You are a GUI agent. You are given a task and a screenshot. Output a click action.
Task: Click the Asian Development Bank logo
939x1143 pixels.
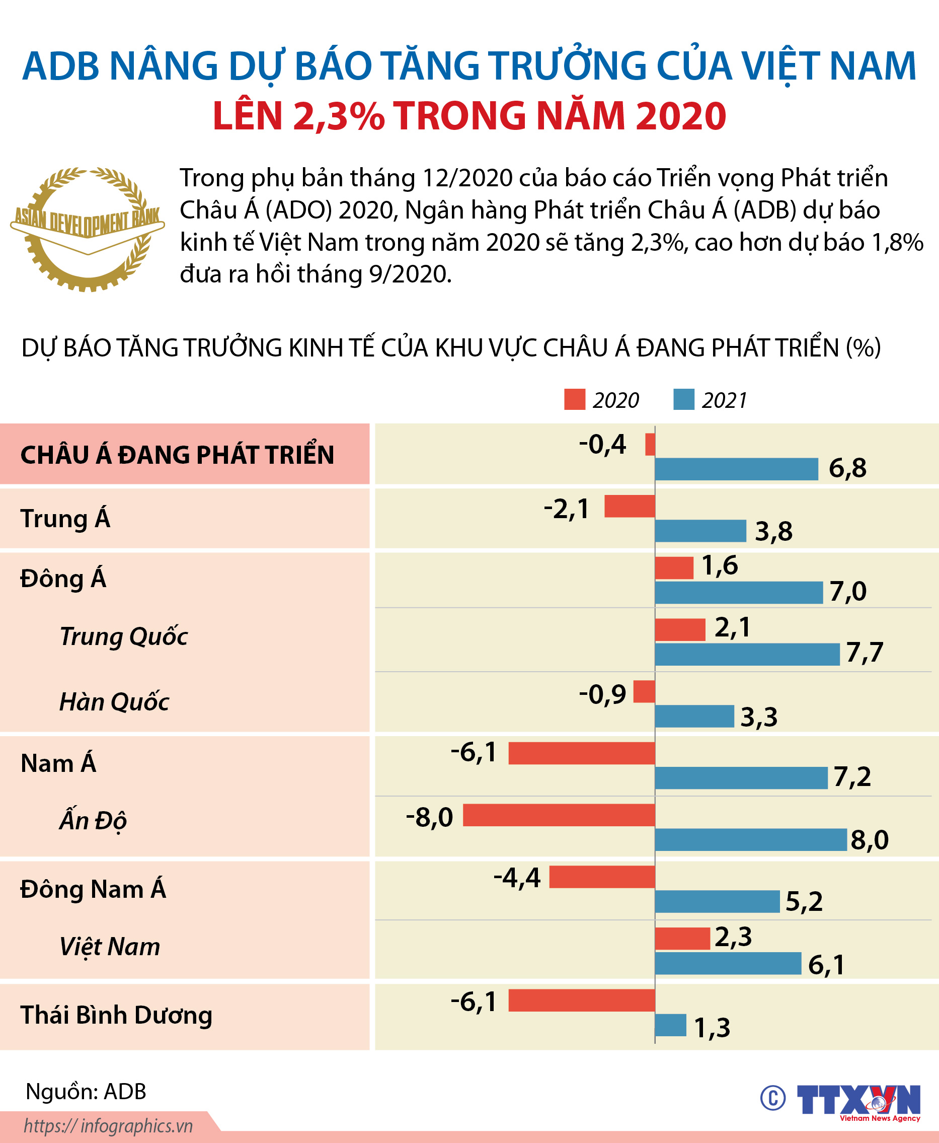(x=87, y=230)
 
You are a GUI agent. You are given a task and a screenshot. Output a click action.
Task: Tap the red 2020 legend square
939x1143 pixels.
(x=575, y=399)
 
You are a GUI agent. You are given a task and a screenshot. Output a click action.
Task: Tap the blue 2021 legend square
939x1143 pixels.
(x=684, y=399)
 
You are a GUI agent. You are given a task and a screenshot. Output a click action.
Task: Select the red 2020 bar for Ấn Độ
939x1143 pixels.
(x=559, y=815)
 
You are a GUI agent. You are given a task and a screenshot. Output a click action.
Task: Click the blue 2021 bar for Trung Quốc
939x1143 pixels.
(x=747, y=654)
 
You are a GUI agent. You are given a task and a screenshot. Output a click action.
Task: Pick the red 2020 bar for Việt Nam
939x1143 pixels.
(x=682, y=939)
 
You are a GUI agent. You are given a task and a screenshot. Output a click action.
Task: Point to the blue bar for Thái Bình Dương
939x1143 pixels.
(x=670, y=1025)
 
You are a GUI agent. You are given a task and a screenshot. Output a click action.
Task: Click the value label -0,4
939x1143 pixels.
(x=602, y=444)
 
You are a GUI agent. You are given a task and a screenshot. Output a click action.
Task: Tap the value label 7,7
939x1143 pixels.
(x=865, y=652)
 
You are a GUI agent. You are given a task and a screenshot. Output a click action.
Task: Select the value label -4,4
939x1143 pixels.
(x=517, y=877)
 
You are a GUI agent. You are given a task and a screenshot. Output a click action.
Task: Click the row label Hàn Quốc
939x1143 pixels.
(x=114, y=702)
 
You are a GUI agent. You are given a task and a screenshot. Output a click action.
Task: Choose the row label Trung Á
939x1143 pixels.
(x=65, y=519)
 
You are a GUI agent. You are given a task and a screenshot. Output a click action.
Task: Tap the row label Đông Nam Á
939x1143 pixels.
(x=93, y=889)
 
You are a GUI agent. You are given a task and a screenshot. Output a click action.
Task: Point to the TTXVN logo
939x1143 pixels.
(x=858, y=1100)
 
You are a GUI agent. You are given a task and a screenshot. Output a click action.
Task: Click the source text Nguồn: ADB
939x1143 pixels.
(x=86, y=1091)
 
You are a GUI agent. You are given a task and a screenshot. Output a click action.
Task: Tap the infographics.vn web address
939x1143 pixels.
(x=108, y=1126)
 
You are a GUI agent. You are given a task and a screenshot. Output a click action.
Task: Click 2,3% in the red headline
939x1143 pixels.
(x=338, y=116)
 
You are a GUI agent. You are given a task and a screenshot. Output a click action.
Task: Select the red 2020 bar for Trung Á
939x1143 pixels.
(x=630, y=506)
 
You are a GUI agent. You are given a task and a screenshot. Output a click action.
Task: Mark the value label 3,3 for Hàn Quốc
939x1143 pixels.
(x=758, y=717)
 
